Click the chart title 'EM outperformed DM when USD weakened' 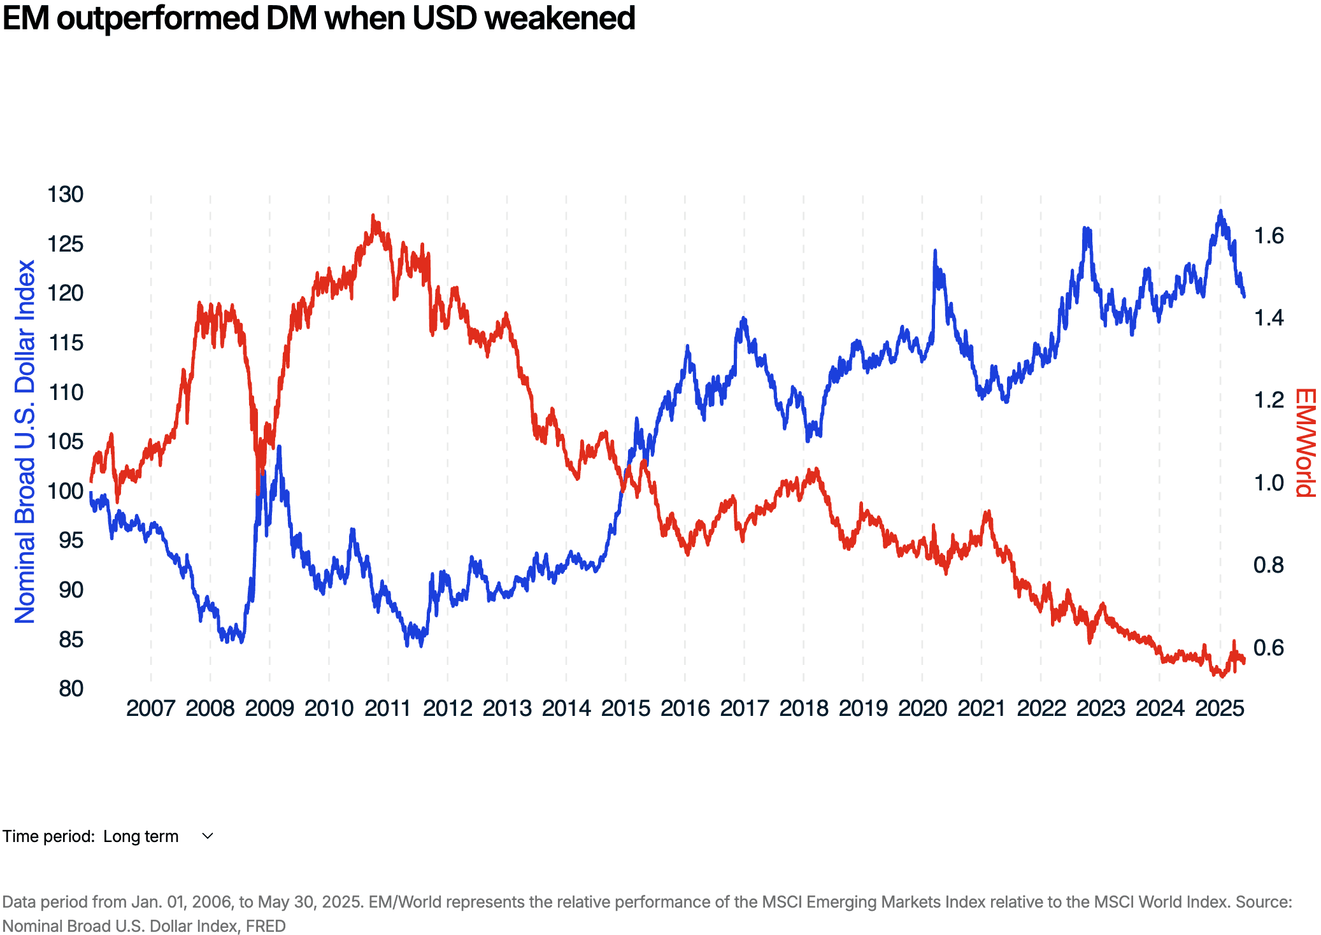pos(318,18)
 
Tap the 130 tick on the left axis pos(66,194)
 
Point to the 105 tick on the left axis pos(66,441)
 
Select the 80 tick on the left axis pos(71,689)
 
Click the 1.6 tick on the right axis pos(1268,236)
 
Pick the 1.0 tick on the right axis pos(1268,483)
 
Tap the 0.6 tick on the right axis pos(1268,648)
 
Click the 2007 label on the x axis pos(150,708)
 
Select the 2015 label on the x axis pos(625,708)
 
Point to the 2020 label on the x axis pos(922,708)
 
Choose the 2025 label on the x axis pos(1219,708)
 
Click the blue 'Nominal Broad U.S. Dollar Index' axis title pos(25,441)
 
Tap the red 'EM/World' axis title pos(1306,443)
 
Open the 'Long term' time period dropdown pos(141,836)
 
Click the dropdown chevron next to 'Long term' pos(208,836)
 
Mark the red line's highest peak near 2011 pos(373,217)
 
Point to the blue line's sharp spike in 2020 pos(935,252)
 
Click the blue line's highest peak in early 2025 pos(1220,211)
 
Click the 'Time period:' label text pos(48,836)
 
